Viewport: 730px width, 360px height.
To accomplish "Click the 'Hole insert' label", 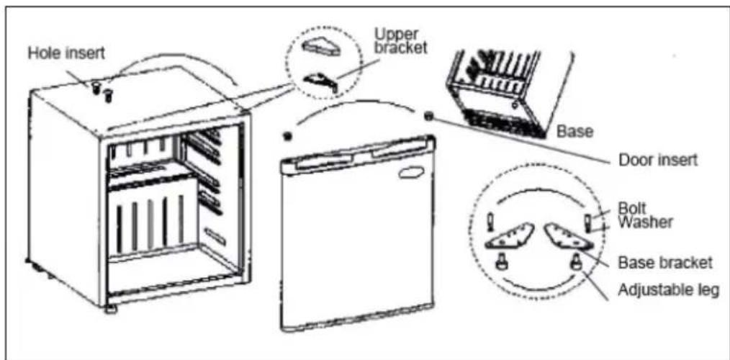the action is click(66, 53).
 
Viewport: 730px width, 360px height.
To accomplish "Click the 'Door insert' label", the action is click(658, 161).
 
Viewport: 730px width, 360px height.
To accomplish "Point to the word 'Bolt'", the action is click(632, 207).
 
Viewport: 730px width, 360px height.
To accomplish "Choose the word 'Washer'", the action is click(645, 221).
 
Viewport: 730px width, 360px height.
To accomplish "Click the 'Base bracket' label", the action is click(664, 263).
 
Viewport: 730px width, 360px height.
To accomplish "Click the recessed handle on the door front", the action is click(410, 174).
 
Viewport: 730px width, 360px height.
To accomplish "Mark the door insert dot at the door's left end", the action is click(288, 137).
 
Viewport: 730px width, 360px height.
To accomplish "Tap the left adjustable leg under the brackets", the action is click(504, 264).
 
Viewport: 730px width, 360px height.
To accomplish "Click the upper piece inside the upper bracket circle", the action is click(320, 48).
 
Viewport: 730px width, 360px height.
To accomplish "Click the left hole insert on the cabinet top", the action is click(97, 89).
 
